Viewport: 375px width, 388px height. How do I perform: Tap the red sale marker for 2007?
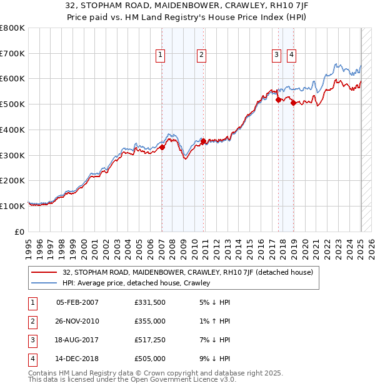tap(162, 148)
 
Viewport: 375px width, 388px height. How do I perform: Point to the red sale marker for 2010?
tap(203, 141)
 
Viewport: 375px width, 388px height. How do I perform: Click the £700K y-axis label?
tap(12, 54)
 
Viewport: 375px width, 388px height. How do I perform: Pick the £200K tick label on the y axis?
tap(12, 181)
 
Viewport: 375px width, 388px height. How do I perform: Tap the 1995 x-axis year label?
tap(29, 245)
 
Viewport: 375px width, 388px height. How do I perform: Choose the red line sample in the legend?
tap(44, 272)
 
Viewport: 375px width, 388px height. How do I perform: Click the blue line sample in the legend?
tap(44, 283)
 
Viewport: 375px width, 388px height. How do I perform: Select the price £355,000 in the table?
tap(150, 322)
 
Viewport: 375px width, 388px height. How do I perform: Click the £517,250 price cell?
tap(150, 340)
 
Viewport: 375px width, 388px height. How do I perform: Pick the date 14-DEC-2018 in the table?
tap(77, 359)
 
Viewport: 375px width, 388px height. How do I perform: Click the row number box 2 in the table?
tap(32, 322)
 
